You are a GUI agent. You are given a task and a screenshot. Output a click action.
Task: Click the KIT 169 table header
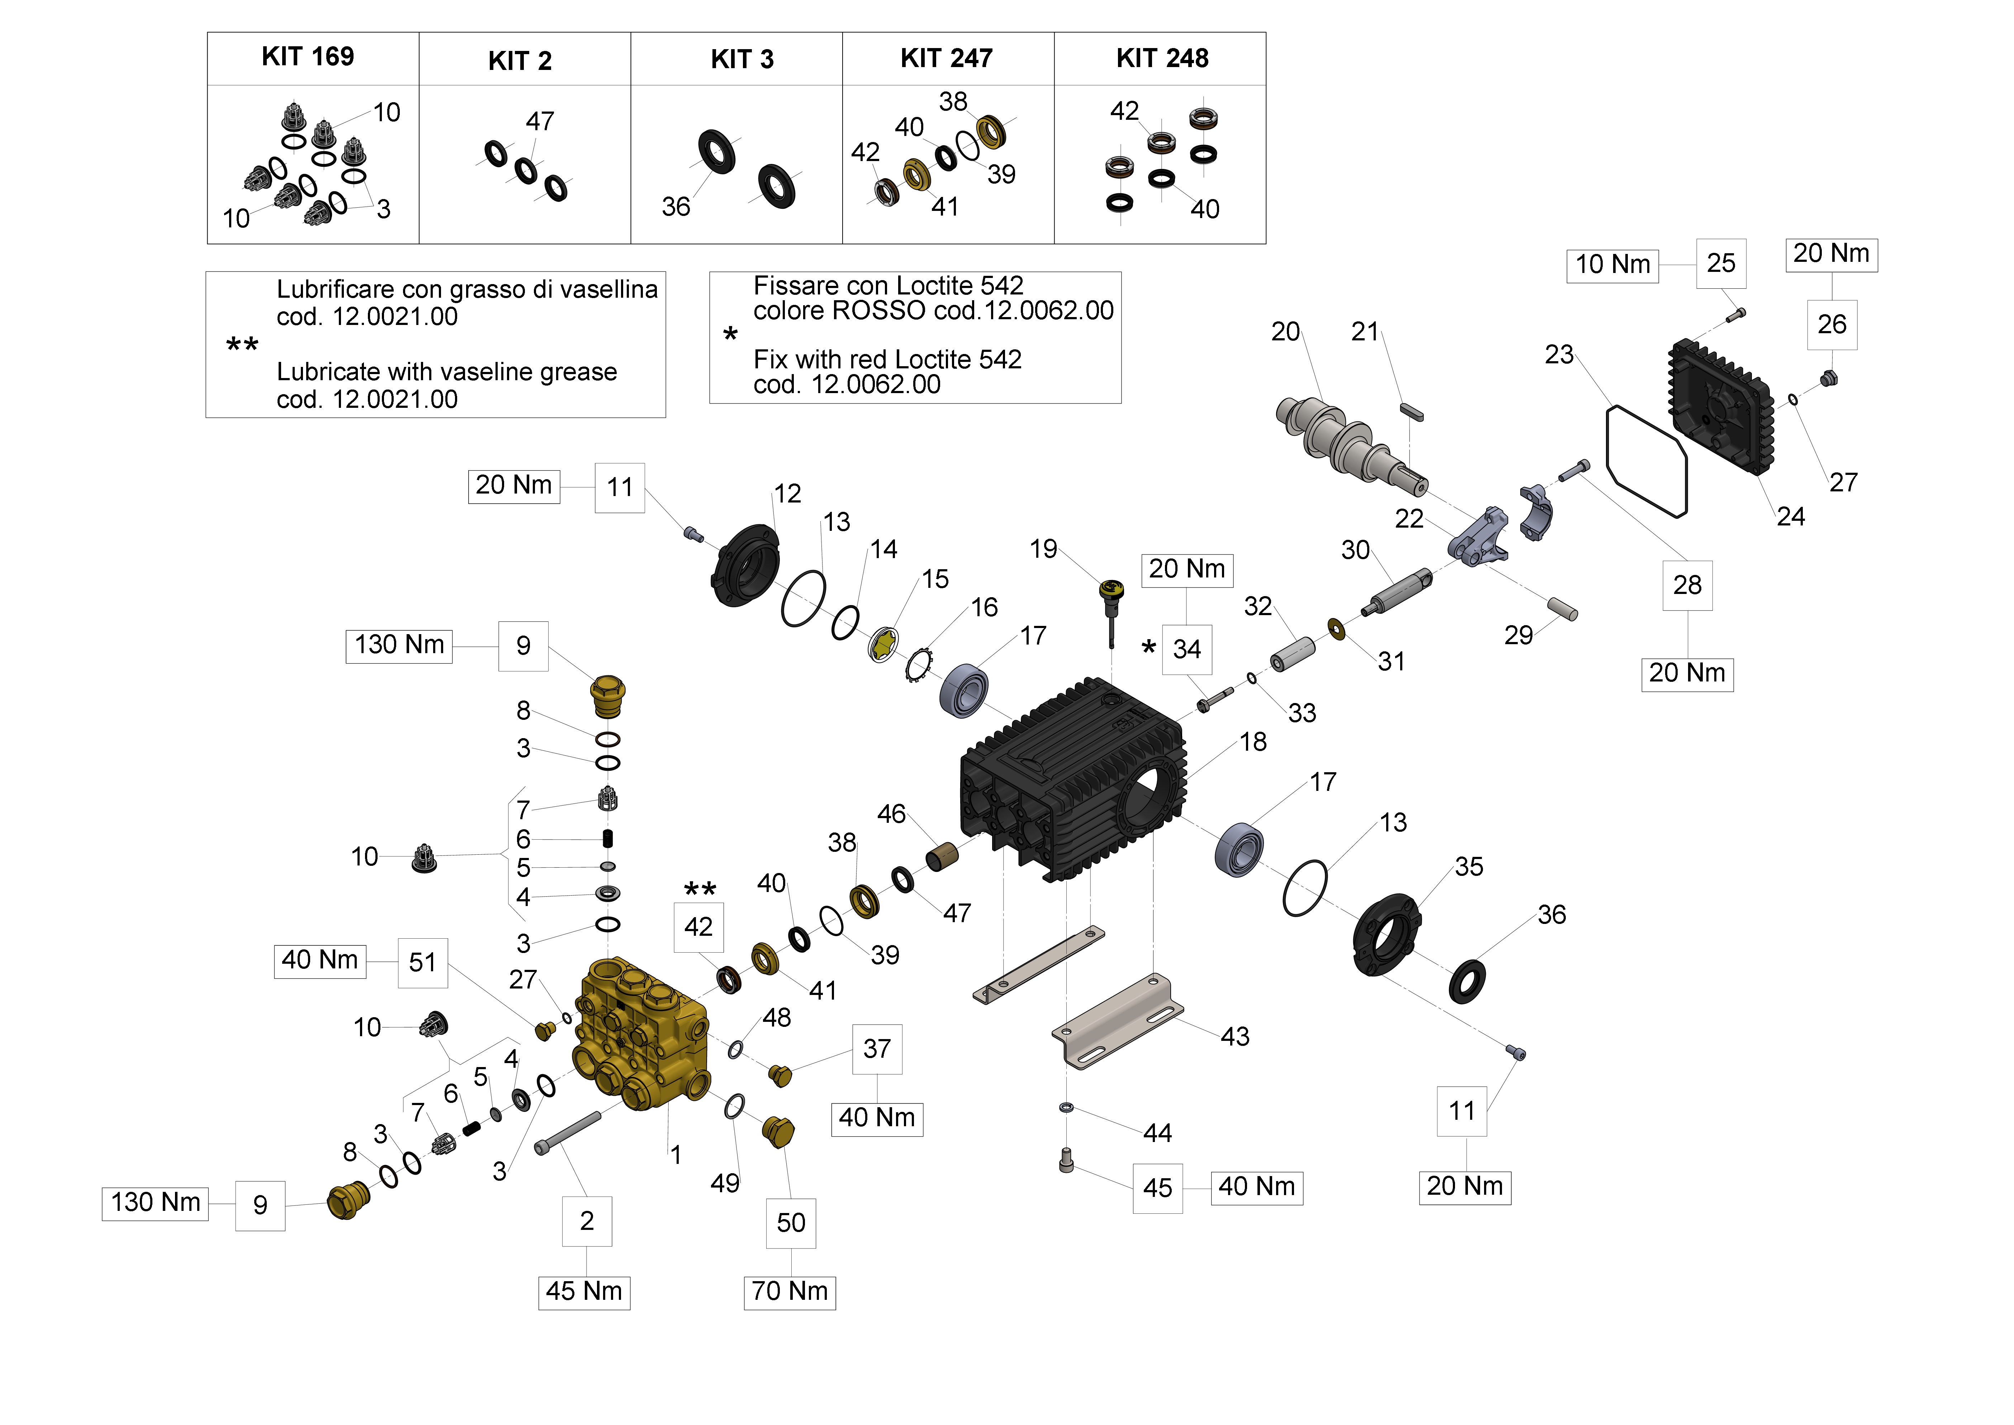coord(308,57)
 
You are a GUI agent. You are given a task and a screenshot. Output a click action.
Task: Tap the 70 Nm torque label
coord(790,1292)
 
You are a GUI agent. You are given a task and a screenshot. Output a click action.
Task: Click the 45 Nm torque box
coord(584,1292)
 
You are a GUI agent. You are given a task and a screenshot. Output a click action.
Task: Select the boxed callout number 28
coord(1687,585)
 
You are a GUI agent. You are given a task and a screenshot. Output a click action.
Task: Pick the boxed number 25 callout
coord(1721,263)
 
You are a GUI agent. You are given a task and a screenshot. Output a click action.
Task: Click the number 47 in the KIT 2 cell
coord(540,121)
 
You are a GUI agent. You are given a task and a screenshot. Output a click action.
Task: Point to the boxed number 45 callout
coord(1157,1188)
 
